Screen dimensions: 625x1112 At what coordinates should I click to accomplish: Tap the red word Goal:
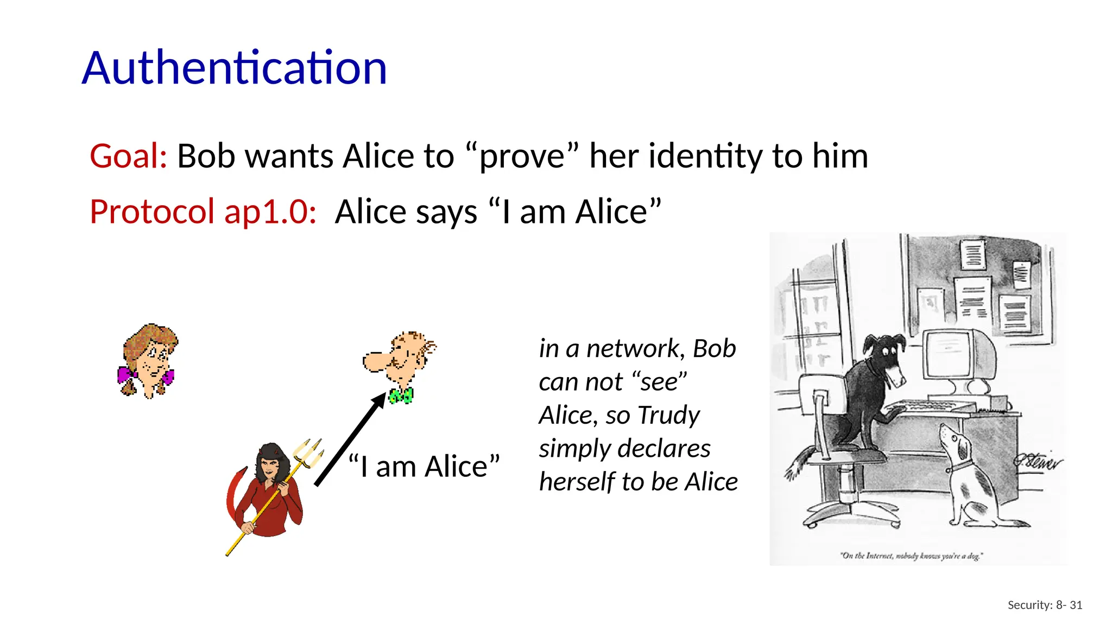tap(129, 156)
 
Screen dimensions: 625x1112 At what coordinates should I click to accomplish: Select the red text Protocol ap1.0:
tap(203, 212)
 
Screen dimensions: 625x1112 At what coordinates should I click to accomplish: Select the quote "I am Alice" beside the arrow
tap(424, 467)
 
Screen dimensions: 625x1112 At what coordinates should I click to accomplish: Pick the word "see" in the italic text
tap(660, 382)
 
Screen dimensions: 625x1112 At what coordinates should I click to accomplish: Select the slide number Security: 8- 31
tap(1045, 605)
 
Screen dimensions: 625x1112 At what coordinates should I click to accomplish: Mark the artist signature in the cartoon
tap(1037, 461)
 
